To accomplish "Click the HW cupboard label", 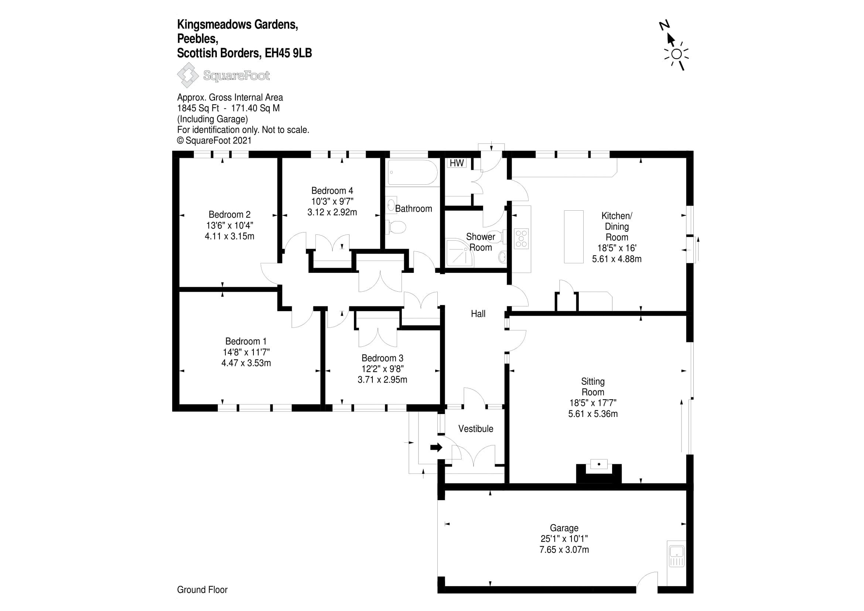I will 457,163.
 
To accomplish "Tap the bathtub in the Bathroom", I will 412,172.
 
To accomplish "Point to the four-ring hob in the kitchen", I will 521,239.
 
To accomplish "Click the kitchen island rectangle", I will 574,237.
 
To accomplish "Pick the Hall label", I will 478,313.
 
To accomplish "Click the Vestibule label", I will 476,429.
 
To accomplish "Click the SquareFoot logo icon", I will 187,75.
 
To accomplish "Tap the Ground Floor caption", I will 202,590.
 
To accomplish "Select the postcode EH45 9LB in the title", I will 288,53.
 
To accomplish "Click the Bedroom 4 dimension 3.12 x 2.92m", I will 332,212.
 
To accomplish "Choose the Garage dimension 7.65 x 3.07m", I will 564,550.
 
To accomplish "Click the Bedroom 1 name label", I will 246,342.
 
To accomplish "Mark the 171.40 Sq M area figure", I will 255,108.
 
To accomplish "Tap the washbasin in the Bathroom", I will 391,206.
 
